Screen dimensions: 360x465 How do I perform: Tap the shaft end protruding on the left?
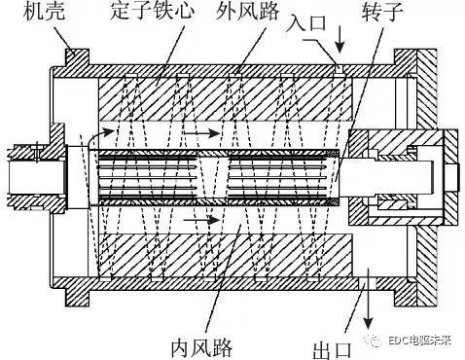29,174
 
